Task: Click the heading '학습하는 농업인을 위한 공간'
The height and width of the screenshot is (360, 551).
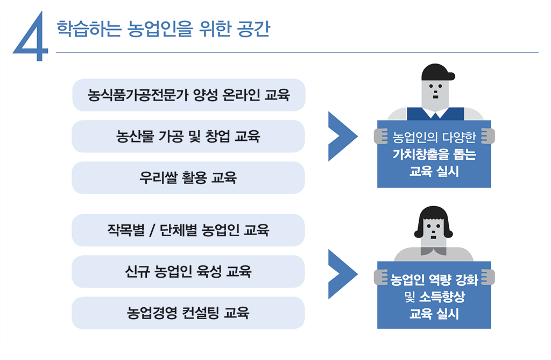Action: (163, 29)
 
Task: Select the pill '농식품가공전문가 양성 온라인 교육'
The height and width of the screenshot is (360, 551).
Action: (188, 95)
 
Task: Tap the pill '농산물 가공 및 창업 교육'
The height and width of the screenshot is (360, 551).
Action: (188, 136)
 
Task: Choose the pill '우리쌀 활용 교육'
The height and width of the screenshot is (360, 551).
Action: (188, 178)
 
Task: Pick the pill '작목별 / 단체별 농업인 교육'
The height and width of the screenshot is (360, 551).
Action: (188, 230)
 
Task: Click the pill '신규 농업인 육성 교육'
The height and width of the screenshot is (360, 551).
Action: (188, 271)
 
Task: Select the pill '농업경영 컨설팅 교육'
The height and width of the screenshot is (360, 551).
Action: (188, 313)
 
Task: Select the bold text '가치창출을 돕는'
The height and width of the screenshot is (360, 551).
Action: (434, 156)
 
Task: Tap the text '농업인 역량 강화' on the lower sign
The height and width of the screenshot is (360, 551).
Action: (434, 279)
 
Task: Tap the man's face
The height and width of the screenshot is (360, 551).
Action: (435, 94)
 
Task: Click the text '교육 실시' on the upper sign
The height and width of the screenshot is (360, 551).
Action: (434, 172)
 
